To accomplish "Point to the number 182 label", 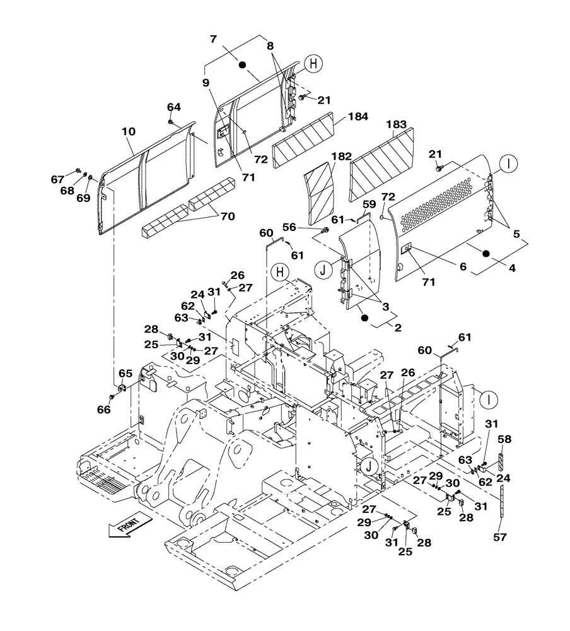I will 342,156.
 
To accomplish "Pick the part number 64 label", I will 173,107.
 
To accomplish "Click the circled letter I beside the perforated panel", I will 509,164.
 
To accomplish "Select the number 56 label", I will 306,227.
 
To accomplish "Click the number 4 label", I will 512,268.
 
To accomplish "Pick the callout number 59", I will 369,204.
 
